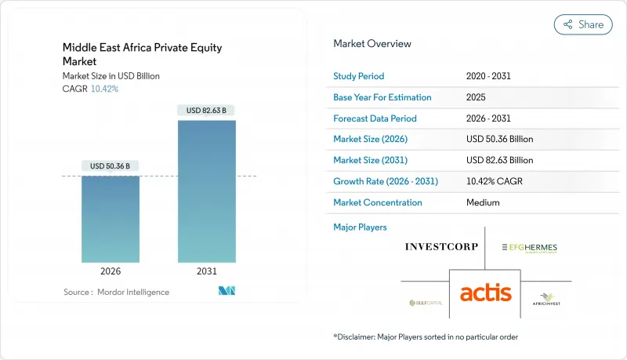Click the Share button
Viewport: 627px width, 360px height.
pyautogui.click(x=583, y=24)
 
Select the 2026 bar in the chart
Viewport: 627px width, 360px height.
pyautogui.click(x=111, y=219)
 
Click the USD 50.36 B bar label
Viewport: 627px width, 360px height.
pyautogui.click(x=111, y=165)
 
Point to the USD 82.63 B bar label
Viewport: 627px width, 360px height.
pyautogui.click(x=207, y=111)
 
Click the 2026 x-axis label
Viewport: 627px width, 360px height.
pyautogui.click(x=111, y=272)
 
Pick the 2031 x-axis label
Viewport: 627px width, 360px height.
pyautogui.click(x=207, y=272)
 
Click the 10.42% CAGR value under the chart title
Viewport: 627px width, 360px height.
pyautogui.click(x=104, y=89)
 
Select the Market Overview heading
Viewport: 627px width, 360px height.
pyautogui.click(x=372, y=44)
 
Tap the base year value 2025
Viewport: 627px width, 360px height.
pyautogui.click(x=476, y=97)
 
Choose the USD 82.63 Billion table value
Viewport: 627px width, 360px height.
pyautogui.click(x=499, y=160)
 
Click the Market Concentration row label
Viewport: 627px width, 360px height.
pyautogui.click(x=378, y=202)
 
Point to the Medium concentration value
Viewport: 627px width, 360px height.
pyautogui.click(x=482, y=202)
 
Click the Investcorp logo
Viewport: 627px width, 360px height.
pyautogui.click(x=440, y=247)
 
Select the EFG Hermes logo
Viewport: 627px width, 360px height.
pyautogui.click(x=530, y=248)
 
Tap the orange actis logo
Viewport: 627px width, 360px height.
pyautogui.click(x=485, y=293)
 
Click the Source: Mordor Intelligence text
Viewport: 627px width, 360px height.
pyautogui.click(x=116, y=292)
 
